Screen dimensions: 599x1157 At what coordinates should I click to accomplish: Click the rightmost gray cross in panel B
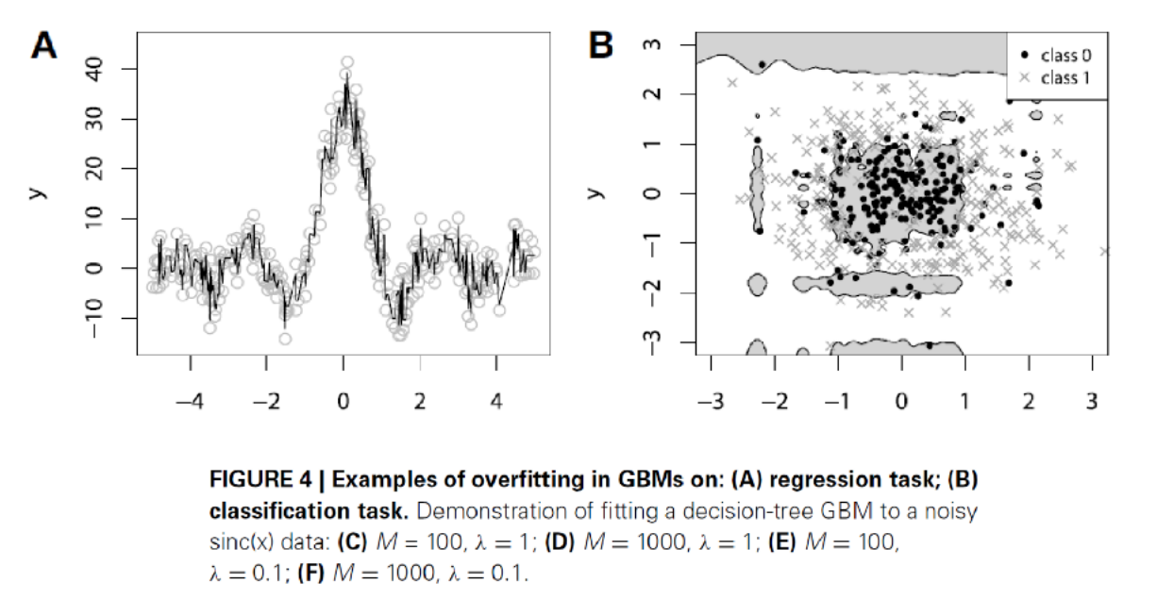[1105, 251]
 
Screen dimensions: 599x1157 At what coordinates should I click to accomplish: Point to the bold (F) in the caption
[310, 573]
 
